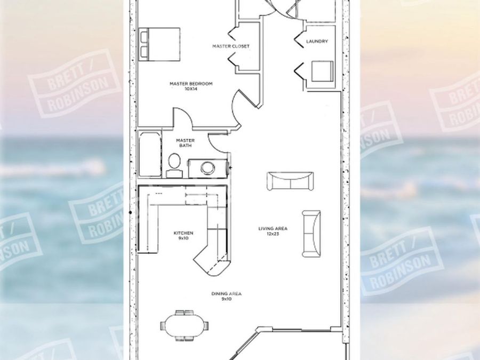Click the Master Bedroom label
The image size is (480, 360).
click(x=191, y=83)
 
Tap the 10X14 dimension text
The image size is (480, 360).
click(x=191, y=89)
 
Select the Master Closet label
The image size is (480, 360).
click(x=230, y=46)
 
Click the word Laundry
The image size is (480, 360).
click(x=317, y=41)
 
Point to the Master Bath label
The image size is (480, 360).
click(x=185, y=143)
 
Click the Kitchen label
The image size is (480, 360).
click(x=183, y=233)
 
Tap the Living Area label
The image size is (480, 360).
click(x=273, y=229)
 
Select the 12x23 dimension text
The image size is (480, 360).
click(x=273, y=234)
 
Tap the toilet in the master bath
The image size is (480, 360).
click(x=174, y=162)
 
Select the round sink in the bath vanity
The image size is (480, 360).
click(x=207, y=167)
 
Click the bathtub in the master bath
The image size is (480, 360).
click(x=149, y=155)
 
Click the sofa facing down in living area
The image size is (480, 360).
click(x=290, y=181)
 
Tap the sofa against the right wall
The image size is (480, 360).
click(x=311, y=233)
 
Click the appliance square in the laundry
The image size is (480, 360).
click(x=322, y=71)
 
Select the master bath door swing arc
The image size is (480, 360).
click(x=218, y=142)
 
